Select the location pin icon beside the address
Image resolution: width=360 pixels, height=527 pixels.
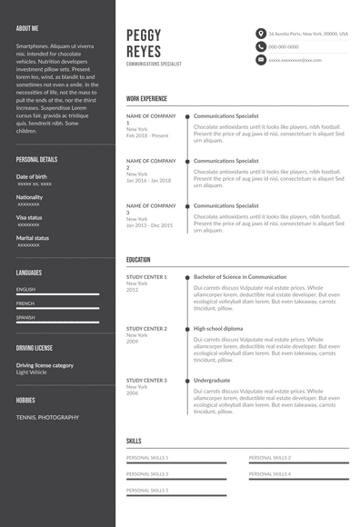click(x=260, y=33)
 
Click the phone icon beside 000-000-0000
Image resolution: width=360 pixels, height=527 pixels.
click(x=260, y=46)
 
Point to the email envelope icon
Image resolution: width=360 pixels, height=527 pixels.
click(x=260, y=60)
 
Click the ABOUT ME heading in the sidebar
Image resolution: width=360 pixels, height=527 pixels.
click(x=27, y=28)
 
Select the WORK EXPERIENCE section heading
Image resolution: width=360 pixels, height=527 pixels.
click(x=146, y=98)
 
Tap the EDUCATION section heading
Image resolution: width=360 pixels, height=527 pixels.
click(x=138, y=260)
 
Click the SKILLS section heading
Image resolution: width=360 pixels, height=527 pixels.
click(x=134, y=441)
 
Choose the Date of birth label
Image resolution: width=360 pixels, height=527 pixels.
click(x=31, y=176)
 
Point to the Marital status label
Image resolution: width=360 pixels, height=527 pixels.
click(x=32, y=238)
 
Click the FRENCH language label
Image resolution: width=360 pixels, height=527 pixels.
click(x=25, y=303)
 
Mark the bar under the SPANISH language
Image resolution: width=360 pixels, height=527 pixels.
click(x=57, y=323)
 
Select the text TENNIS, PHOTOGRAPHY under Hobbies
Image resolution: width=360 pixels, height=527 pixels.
click(x=47, y=417)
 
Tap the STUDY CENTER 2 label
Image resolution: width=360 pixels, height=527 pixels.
click(x=146, y=328)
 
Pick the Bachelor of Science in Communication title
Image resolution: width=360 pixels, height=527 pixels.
click(x=240, y=276)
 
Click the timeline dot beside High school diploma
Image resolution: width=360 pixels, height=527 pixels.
click(x=187, y=328)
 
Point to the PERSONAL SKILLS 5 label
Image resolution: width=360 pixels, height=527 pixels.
click(x=147, y=490)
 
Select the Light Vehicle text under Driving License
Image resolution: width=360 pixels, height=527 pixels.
click(x=34, y=372)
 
